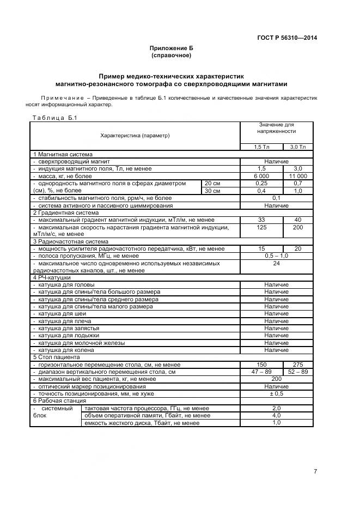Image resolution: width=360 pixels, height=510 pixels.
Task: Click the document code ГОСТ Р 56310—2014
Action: point(286,38)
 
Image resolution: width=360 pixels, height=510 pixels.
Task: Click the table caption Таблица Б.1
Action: point(56,117)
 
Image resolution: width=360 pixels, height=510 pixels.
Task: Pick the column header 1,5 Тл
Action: point(261,147)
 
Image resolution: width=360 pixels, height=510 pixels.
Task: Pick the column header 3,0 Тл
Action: point(297,147)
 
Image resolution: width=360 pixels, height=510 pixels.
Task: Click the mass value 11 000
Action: point(297,176)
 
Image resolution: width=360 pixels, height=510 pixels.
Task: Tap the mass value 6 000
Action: point(261,176)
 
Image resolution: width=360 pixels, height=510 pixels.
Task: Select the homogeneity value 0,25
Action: point(261,184)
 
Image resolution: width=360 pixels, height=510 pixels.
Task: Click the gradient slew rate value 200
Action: point(297,227)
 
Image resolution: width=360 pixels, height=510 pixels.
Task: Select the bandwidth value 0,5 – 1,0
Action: point(276,256)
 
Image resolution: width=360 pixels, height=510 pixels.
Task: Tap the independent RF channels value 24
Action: point(276,263)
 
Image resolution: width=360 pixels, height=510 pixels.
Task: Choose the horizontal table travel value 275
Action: point(297,364)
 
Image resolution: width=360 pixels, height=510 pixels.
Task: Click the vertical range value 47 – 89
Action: point(261,372)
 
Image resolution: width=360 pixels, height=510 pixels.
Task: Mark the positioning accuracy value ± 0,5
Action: point(276,393)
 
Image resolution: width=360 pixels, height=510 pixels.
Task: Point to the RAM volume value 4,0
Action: point(276,415)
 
